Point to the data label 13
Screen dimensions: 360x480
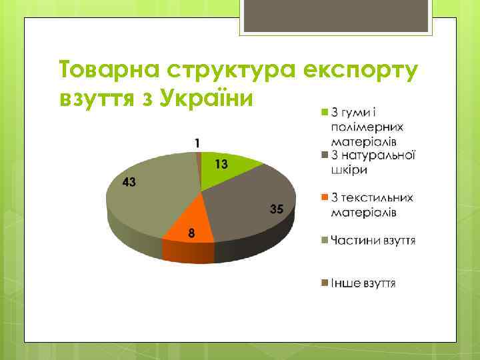click(x=221, y=164)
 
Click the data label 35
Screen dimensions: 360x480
click(x=277, y=209)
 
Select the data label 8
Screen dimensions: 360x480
click(x=191, y=233)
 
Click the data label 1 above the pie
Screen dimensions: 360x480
click(x=197, y=143)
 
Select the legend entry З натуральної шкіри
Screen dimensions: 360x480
click(x=370, y=162)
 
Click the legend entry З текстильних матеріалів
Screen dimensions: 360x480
click(x=370, y=205)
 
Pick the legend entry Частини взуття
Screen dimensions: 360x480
click(x=370, y=240)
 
